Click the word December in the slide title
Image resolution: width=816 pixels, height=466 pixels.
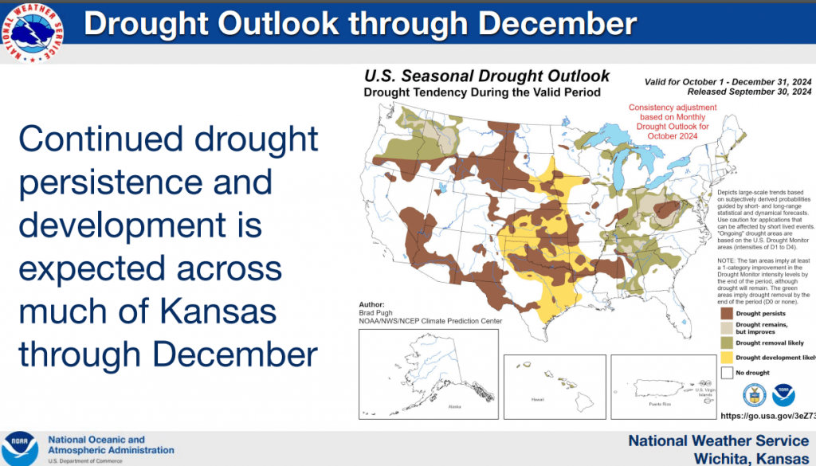pos(558,24)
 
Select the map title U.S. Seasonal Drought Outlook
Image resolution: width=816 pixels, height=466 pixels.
pos(486,76)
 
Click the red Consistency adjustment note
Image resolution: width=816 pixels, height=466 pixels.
pos(669,122)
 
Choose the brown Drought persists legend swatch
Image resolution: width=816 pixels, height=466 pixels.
pos(726,314)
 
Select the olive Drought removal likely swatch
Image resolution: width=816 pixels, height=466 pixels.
pos(726,343)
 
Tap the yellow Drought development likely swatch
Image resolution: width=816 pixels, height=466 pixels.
pos(726,358)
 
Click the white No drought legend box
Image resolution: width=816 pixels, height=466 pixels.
pos(726,372)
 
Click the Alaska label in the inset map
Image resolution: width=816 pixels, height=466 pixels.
pos(455,406)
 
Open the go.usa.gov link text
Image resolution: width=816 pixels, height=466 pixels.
pos(767,416)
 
